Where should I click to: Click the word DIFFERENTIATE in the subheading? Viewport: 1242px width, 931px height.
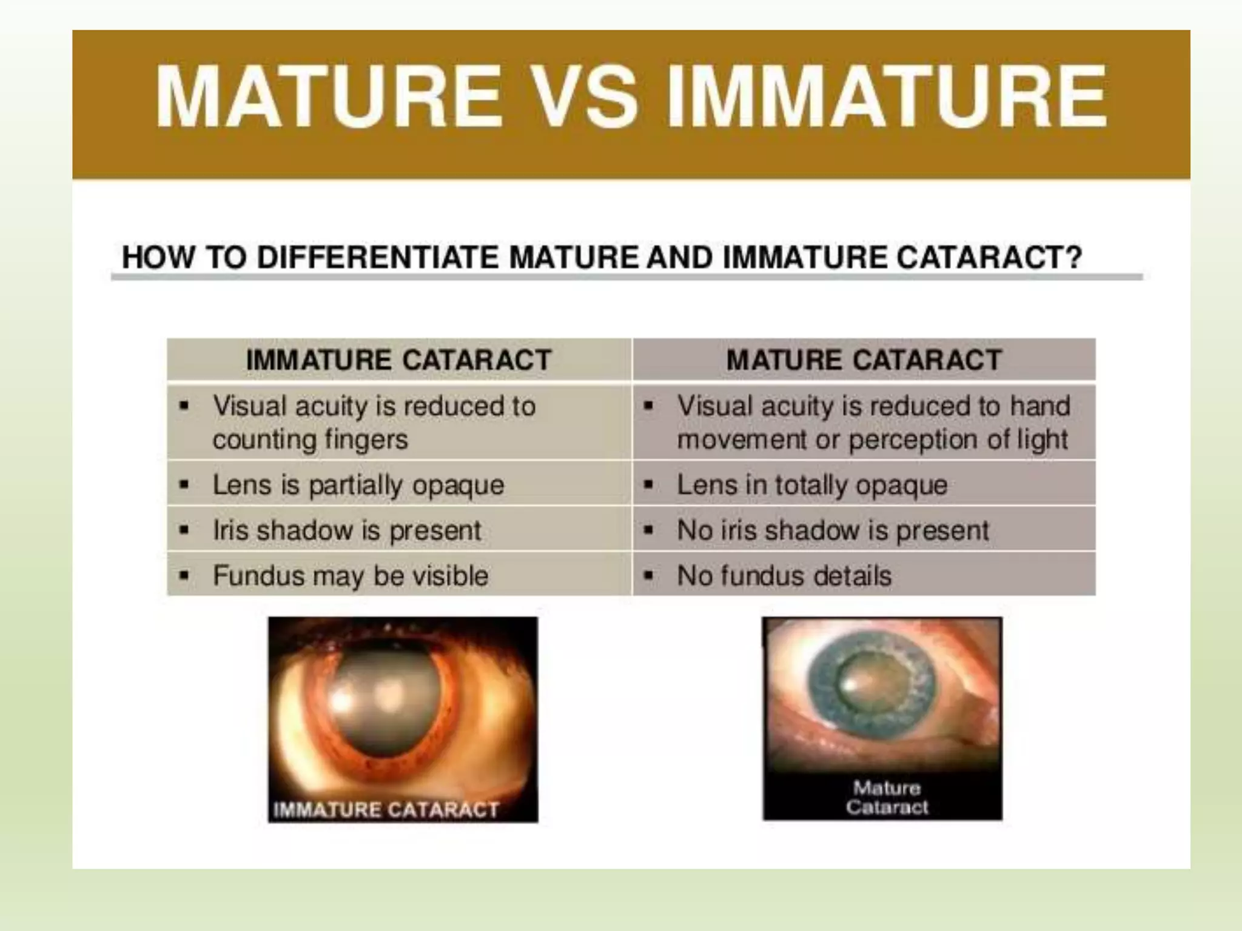(x=381, y=258)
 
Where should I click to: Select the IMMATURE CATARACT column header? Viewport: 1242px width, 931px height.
(x=398, y=360)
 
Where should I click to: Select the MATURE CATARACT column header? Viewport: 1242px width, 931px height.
(x=864, y=360)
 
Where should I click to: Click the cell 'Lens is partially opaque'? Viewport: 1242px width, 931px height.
(x=358, y=485)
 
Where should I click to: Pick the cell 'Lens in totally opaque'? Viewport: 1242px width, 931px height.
(x=812, y=485)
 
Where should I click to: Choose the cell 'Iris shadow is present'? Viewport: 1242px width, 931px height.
(x=347, y=530)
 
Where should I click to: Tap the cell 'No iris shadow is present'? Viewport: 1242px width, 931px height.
(x=833, y=530)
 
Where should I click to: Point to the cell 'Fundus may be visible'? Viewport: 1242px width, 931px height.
(x=351, y=576)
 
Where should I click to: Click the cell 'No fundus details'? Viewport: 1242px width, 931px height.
(x=784, y=576)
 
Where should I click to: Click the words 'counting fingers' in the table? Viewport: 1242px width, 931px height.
(x=310, y=439)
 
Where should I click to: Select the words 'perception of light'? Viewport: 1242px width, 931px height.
(x=958, y=439)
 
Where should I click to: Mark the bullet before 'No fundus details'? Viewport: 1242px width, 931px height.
(x=648, y=575)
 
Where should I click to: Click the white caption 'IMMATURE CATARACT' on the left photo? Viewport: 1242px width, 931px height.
(x=386, y=809)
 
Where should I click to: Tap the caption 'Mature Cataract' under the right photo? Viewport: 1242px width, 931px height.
(x=887, y=797)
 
